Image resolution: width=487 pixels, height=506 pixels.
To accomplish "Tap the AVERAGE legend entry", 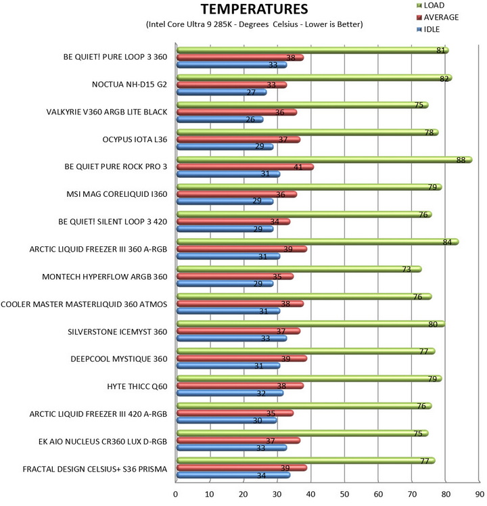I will coord(438,17).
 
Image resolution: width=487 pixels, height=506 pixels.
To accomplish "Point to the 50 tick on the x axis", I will coord(344,495).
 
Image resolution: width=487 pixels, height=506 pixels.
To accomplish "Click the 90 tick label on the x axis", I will coord(479,495).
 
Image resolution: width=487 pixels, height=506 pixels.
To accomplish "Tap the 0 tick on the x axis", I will coord(176,495).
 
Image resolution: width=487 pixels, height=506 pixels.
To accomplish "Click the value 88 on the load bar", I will coord(462,160).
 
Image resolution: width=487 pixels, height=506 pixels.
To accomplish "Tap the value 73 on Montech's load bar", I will coord(407,269).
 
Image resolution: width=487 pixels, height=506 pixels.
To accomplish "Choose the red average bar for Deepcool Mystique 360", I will coord(241,359).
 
